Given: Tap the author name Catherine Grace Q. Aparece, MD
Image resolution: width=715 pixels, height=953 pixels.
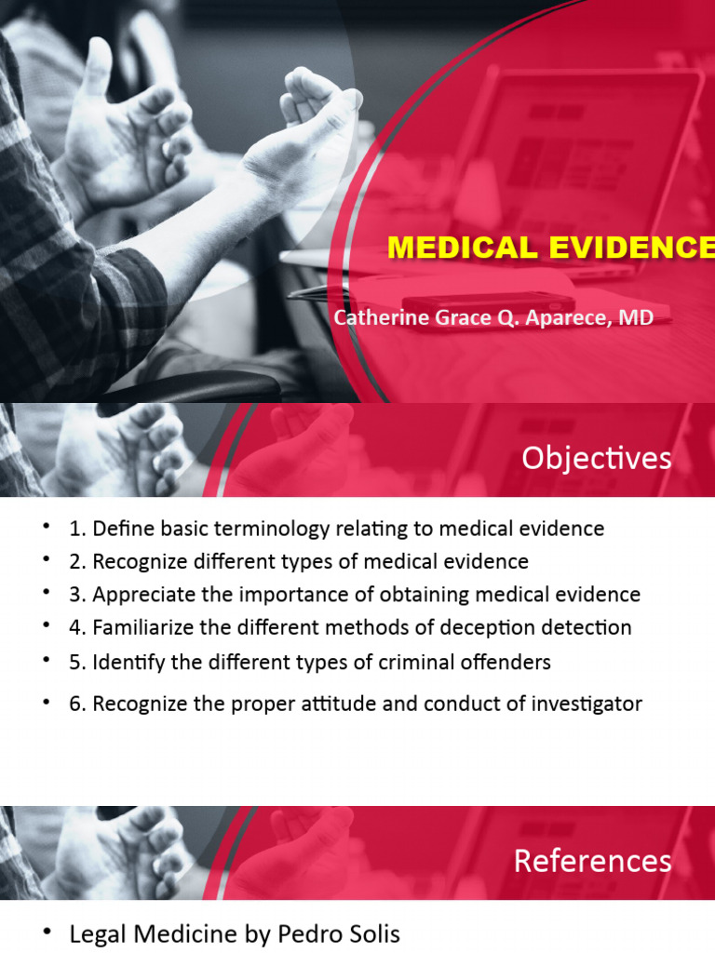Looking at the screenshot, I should [x=493, y=317].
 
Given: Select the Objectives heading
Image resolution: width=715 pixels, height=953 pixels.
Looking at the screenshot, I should [x=596, y=458].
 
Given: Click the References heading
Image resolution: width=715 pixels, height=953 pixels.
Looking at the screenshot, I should [x=592, y=861].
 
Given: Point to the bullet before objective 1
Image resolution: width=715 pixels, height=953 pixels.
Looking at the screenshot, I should [x=46, y=529].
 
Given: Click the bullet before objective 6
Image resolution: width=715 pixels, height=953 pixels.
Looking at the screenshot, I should [x=46, y=703].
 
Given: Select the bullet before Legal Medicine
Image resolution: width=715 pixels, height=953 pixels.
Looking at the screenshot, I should [x=46, y=933].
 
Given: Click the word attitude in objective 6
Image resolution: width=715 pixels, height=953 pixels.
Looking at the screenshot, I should [x=377, y=704].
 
